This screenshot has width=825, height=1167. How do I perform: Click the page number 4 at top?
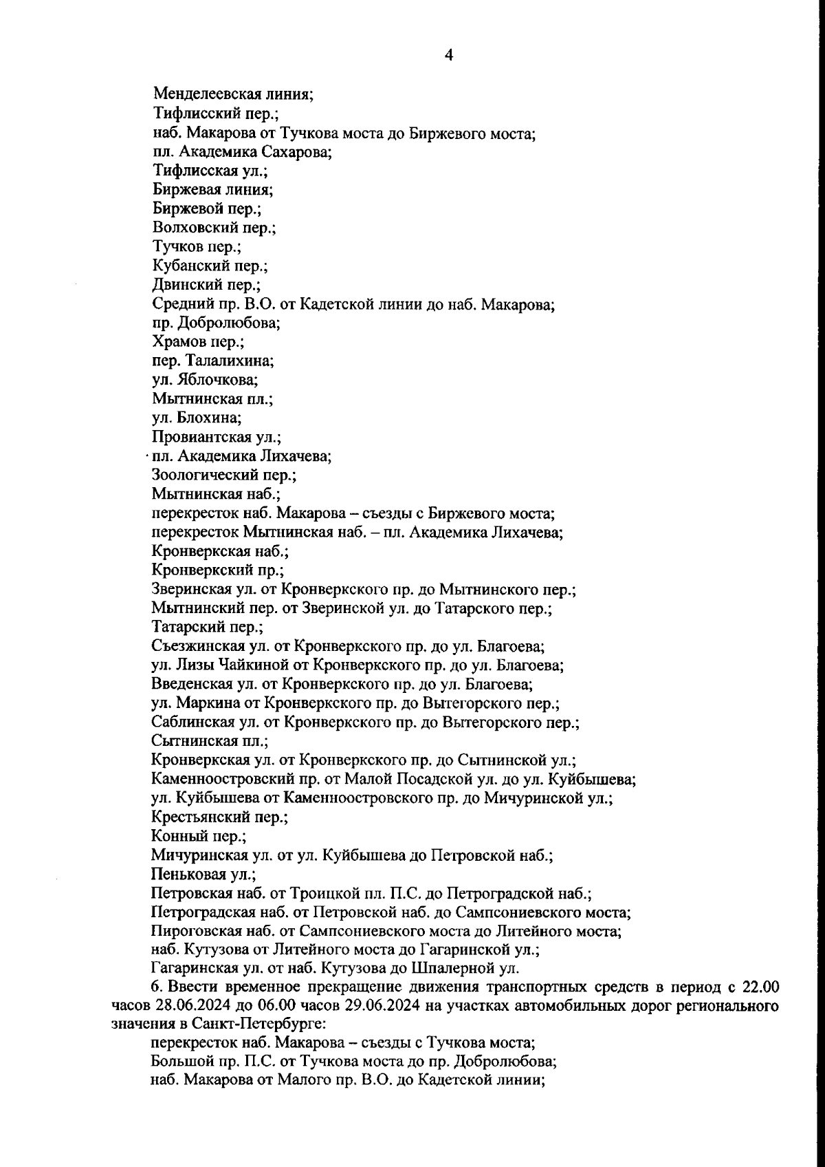(x=448, y=56)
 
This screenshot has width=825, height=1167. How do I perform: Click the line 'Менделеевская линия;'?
(x=233, y=94)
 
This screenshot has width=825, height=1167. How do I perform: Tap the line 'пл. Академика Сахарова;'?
(x=242, y=151)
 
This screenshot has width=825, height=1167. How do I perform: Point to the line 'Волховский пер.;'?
(x=214, y=227)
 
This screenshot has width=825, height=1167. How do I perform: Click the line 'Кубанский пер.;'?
(x=210, y=265)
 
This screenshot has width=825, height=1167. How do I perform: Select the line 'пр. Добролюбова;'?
(x=216, y=322)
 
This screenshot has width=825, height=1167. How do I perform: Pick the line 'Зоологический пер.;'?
(x=223, y=475)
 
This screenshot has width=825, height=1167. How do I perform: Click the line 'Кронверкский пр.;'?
(x=217, y=570)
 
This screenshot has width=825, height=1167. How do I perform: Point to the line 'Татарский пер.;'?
(x=207, y=627)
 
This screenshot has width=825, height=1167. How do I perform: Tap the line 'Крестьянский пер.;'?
(x=219, y=817)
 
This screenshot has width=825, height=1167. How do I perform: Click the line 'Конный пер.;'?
(x=198, y=837)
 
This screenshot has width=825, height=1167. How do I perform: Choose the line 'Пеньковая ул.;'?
(x=203, y=875)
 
